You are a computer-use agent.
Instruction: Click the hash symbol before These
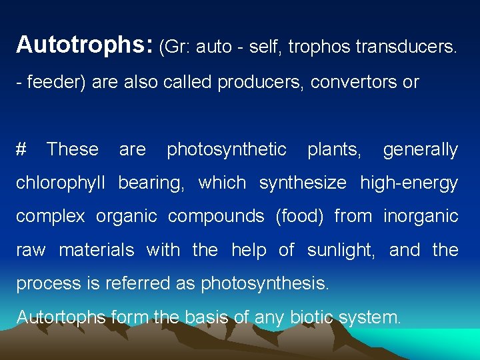21,149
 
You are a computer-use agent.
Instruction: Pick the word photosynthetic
227,149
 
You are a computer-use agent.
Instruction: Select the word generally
420,149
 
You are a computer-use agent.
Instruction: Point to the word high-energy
409,183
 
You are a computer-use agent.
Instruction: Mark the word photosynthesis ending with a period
265,283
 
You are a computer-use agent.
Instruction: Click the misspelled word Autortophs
61,317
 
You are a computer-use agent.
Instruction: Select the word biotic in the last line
311,317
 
